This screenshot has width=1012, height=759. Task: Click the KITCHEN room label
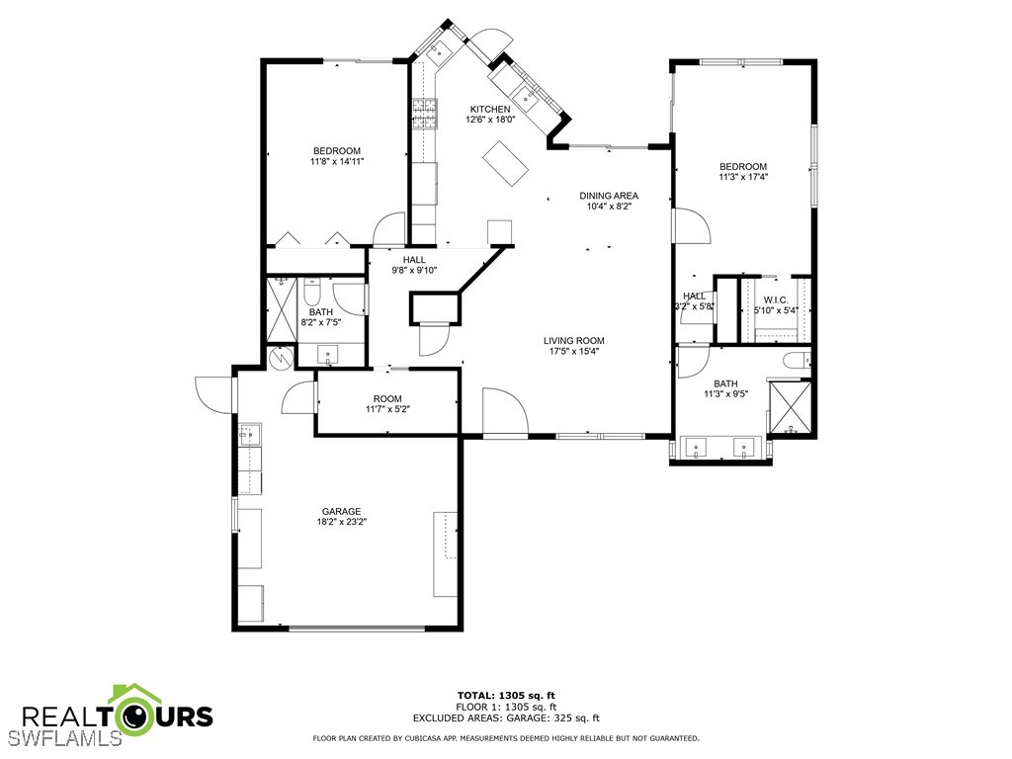click(490, 109)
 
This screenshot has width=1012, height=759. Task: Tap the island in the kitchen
click(507, 162)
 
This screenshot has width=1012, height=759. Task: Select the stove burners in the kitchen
click(425, 115)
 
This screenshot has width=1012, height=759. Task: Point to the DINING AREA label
click(608, 196)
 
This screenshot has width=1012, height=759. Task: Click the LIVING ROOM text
click(573, 340)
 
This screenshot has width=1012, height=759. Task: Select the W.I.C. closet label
click(775, 299)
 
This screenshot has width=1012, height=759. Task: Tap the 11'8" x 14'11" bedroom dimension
click(337, 161)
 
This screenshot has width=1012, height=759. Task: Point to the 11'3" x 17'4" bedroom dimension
click(742, 177)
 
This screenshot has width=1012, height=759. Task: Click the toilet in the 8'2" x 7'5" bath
click(312, 294)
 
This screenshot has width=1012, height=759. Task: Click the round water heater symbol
click(282, 357)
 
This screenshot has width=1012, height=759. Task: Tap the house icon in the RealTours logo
click(132, 706)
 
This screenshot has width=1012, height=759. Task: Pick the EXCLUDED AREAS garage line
click(505, 718)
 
